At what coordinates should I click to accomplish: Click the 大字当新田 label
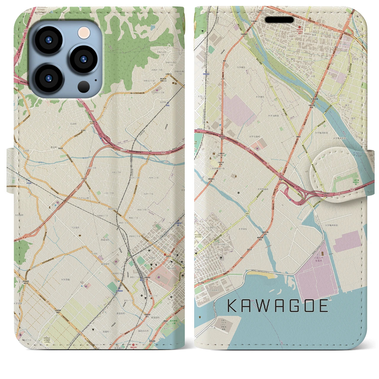click(274, 116)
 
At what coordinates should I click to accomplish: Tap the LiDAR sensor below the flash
click(84, 87)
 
